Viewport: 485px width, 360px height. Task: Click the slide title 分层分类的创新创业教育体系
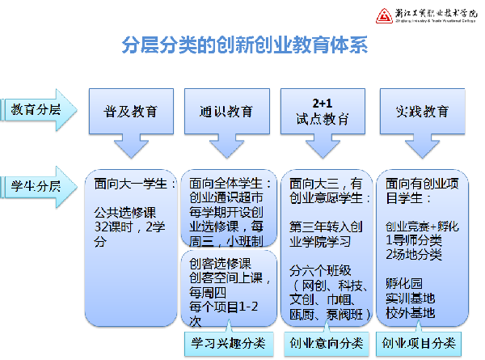(242, 45)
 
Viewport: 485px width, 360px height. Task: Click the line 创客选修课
(220, 263)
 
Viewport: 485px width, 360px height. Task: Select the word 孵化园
(405, 284)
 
